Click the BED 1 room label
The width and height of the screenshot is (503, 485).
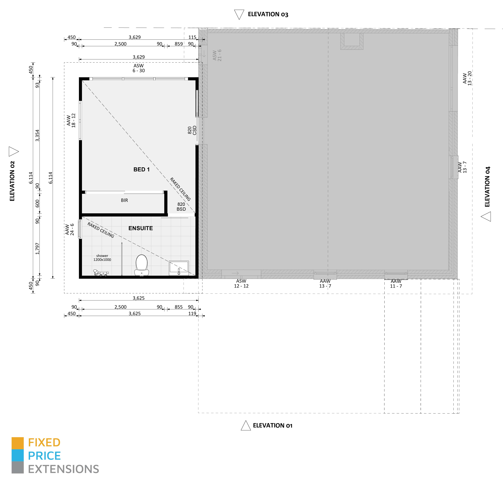click(141, 169)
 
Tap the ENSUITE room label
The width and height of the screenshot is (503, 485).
click(141, 228)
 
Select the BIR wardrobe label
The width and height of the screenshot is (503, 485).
click(125, 200)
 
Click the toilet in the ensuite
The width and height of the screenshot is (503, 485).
click(141, 265)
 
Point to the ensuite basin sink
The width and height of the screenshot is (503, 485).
click(179, 268)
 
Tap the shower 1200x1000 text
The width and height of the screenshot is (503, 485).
click(102, 258)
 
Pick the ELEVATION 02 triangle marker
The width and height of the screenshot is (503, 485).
click(14, 151)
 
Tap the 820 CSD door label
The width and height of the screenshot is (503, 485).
click(192, 130)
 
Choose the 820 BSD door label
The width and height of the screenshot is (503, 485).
click(181, 207)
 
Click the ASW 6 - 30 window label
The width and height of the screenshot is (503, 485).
click(139, 68)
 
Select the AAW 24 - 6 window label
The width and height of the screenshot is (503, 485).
click(70, 229)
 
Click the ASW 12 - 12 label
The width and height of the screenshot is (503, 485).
click(241, 284)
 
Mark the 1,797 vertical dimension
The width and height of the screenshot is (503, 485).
click(38, 249)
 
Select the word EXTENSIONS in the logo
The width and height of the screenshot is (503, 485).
click(63, 469)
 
